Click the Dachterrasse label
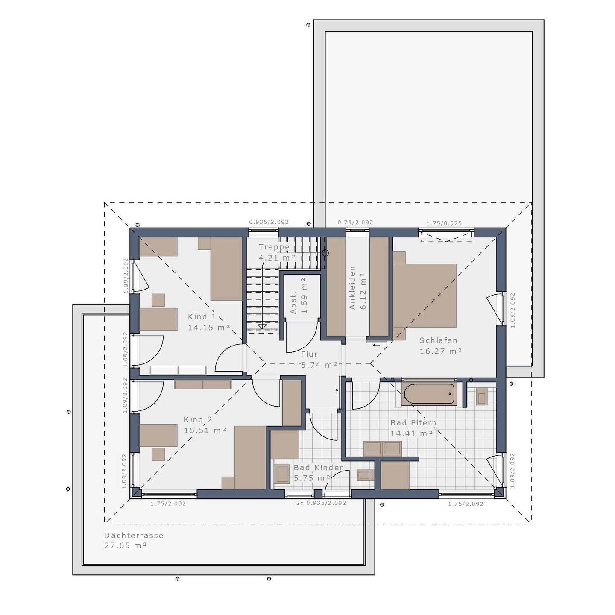(134, 535)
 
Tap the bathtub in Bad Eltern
(428, 394)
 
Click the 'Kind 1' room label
(202, 317)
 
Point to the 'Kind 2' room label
(198, 420)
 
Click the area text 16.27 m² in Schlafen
(441, 351)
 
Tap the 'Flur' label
(309, 354)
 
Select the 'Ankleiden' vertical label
(352, 288)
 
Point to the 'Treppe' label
(274, 247)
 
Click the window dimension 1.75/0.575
(444, 223)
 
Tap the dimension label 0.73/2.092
(355, 222)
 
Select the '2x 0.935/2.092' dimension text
(321, 503)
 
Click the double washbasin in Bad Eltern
(382, 448)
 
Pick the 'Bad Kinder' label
(318, 468)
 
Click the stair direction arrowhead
(262, 327)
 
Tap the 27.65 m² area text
(126, 545)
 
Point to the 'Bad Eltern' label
(413, 423)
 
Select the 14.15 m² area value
(209, 328)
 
